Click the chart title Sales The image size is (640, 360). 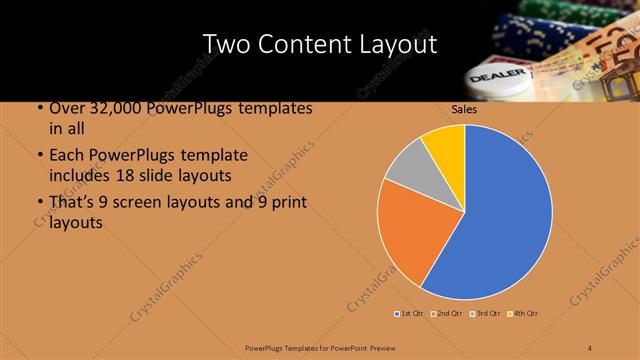point(464,109)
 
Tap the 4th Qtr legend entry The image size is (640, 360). point(524,313)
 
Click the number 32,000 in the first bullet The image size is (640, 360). point(109,109)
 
